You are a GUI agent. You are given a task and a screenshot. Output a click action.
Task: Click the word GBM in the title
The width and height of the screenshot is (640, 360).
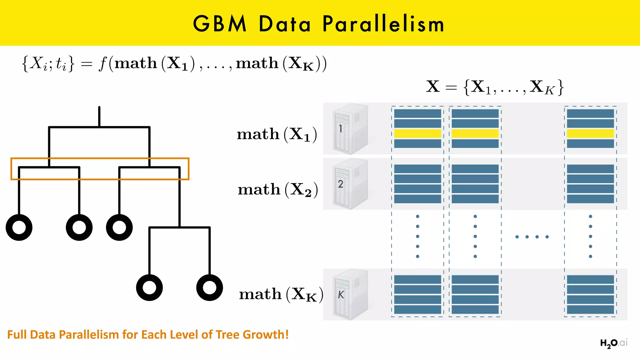point(220,24)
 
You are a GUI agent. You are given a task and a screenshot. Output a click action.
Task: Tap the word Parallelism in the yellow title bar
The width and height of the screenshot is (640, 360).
point(383,24)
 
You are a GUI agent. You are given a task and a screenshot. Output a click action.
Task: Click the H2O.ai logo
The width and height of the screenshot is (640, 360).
point(613,343)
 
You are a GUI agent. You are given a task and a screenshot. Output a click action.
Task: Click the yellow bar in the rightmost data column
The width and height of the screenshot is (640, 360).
point(590,134)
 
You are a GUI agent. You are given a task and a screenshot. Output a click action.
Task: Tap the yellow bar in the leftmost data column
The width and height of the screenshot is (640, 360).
point(417,134)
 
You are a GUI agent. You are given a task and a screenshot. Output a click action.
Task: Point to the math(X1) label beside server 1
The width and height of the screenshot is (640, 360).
point(277,135)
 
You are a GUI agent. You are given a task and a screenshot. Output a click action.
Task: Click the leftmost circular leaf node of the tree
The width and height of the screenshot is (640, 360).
point(19,227)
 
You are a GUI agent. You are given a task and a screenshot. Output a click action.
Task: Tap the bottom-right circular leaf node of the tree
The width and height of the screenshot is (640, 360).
point(209,287)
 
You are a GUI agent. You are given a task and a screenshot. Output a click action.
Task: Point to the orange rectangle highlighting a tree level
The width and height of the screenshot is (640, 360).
point(100,159)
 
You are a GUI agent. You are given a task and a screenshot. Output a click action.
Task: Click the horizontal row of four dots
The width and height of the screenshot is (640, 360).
point(532,237)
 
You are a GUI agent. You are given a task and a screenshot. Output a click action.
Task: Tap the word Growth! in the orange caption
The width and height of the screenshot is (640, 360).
point(266,335)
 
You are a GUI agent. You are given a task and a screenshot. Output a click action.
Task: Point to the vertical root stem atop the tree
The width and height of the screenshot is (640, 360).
point(99,116)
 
